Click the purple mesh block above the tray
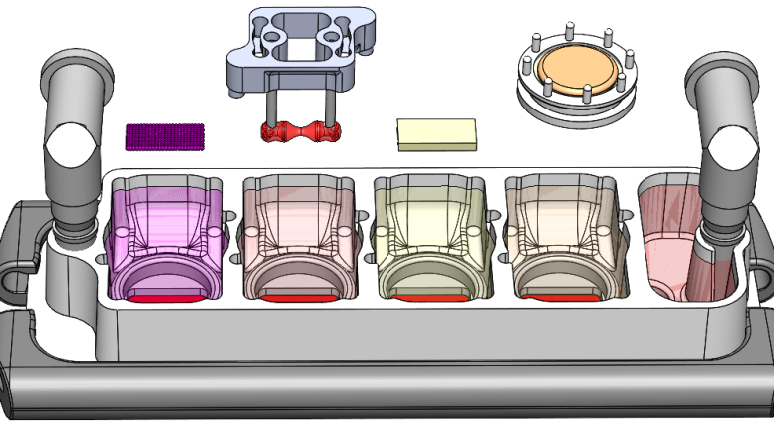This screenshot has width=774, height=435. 164,137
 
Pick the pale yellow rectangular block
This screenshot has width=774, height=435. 436,133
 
